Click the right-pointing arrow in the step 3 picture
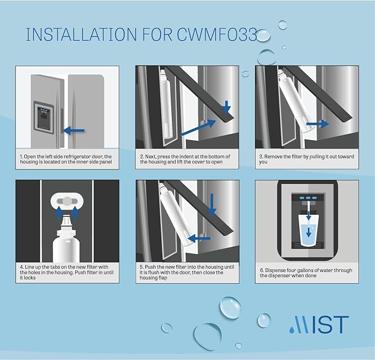pyautogui.click(x=318, y=124)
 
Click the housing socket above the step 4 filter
pyautogui.click(x=67, y=200)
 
